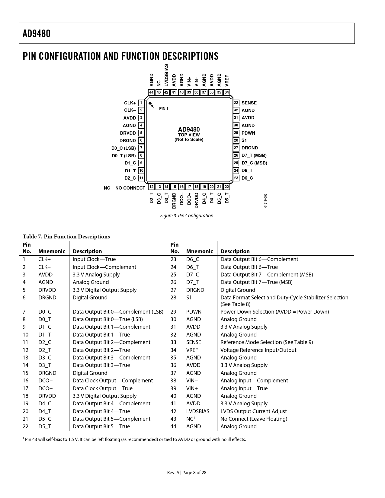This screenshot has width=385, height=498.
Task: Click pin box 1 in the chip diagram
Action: click(x=141, y=103)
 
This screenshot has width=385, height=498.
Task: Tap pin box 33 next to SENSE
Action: click(x=236, y=103)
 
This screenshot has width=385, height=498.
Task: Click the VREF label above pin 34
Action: click(x=227, y=81)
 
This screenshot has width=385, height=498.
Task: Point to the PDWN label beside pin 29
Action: click(x=248, y=133)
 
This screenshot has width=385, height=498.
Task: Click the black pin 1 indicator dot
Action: click(x=150, y=103)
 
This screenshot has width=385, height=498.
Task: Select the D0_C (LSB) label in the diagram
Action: click(x=124, y=148)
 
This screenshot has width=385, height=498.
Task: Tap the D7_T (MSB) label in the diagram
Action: click(x=254, y=155)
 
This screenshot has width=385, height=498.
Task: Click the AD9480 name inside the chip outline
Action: click(x=189, y=130)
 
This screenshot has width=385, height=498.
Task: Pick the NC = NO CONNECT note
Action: click(x=124, y=188)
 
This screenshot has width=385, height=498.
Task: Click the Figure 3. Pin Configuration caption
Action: click(x=187, y=215)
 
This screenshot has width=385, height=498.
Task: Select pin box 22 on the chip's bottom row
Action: click(x=227, y=187)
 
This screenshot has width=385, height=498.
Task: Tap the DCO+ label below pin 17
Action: click(x=189, y=199)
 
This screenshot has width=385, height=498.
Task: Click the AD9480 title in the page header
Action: click(x=37, y=34)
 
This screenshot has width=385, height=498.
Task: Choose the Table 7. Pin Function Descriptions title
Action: click(x=66, y=237)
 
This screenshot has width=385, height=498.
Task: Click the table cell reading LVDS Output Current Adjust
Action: click(x=254, y=411)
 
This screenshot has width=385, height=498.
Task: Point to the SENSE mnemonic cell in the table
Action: click(x=194, y=342)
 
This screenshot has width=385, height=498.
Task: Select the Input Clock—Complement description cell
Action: click(x=104, y=267)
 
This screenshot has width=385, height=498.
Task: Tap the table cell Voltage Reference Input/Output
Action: click(x=258, y=350)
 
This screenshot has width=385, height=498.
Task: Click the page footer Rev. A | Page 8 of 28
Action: click(x=187, y=473)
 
